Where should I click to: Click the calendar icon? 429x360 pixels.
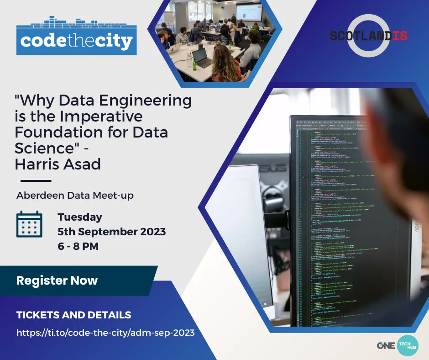[29, 224]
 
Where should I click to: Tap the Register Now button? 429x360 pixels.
[57, 280]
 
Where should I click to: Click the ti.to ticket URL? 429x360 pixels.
[105, 333]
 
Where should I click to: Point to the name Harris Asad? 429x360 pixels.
[58, 164]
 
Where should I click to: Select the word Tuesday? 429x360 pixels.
[80, 217]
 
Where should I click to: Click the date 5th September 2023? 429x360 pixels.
[111, 232]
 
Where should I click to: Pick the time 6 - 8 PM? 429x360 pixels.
[78, 246]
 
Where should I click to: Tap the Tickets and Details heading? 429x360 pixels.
[73, 315]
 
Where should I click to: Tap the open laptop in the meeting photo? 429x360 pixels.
[202, 57]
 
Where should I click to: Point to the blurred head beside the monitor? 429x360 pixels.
[402, 137]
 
